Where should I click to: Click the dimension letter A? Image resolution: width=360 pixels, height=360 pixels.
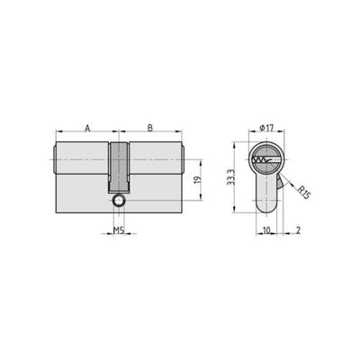coord(86,127)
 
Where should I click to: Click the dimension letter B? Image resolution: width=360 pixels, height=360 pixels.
coord(149,127)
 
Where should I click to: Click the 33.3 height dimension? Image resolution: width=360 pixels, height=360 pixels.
coord(231,176)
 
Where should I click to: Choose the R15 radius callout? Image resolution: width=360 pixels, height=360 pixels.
coord(303,192)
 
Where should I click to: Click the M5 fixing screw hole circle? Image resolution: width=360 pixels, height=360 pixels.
coord(118,202)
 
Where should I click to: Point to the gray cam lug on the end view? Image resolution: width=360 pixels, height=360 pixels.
coord(283,184)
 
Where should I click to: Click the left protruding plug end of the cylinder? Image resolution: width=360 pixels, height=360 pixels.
coord(53,159)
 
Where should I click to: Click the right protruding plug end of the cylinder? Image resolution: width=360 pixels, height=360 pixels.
coord(183,159)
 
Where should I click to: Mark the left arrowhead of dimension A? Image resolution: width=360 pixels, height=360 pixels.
coord(58,134)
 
